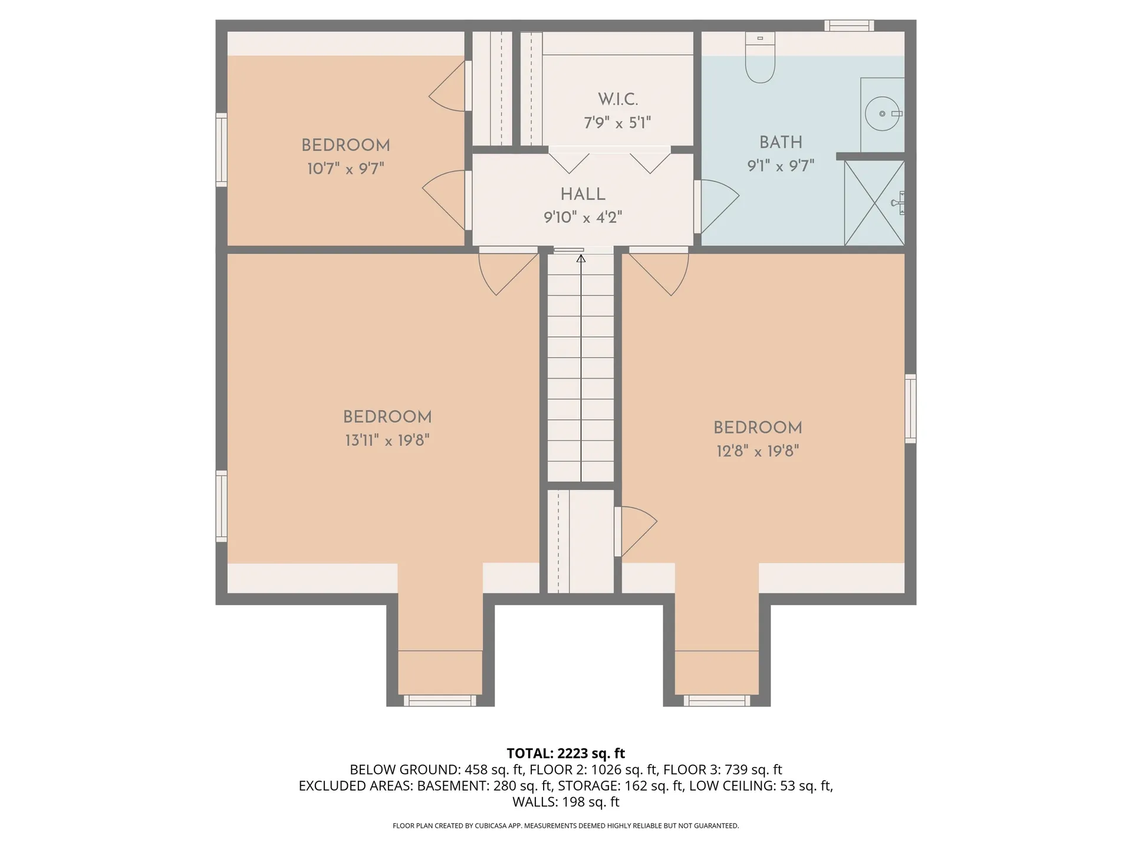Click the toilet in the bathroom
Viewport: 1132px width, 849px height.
(x=760, y=57)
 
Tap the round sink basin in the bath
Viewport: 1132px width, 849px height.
(x=882, y=113)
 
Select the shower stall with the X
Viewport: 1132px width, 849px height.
(x=874, y=203)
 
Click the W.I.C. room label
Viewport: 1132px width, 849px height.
(x=618, y=99)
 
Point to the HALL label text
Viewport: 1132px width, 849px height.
(x=583, y=194)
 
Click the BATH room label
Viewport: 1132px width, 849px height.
(x=781, y=142)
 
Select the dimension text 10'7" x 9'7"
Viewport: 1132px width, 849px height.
(x=345, y=169)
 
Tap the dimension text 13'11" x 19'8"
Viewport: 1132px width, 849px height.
(x=387, y=440)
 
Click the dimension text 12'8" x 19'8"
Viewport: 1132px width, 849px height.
(x=758, y=451)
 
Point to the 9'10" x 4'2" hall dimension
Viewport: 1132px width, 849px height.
(x=583, y=218)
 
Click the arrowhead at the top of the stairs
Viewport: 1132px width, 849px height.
(x=581, y=258)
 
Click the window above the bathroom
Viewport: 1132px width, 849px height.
(x=849, y=25)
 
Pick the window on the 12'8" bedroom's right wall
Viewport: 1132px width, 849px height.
(x=911, y=408)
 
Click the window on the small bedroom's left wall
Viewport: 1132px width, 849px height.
(x=222, y=150)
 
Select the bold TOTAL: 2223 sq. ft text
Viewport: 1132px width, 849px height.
(x=566, y=753)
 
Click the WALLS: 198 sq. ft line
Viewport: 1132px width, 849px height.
(x=566, y=802)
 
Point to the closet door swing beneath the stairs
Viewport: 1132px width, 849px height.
(x=636, y=531)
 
